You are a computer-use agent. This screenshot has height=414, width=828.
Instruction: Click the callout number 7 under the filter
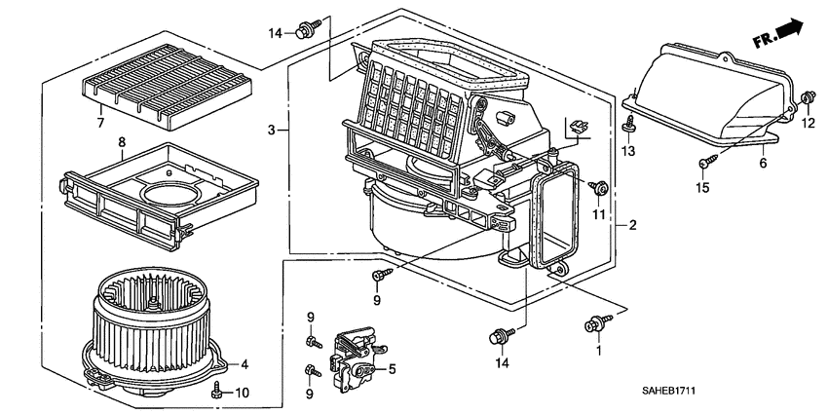[99, 123]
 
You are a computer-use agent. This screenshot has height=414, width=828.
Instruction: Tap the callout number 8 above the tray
[122, 142]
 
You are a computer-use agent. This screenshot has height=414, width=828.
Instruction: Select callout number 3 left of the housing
[272, 130]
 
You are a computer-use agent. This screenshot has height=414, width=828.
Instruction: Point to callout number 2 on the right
[632, 226]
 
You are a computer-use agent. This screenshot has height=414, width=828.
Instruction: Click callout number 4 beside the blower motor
[245, 365]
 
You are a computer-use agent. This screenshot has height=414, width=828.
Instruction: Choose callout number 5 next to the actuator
[392, 369]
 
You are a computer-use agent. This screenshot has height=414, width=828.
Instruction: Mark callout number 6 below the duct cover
[763, 164]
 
